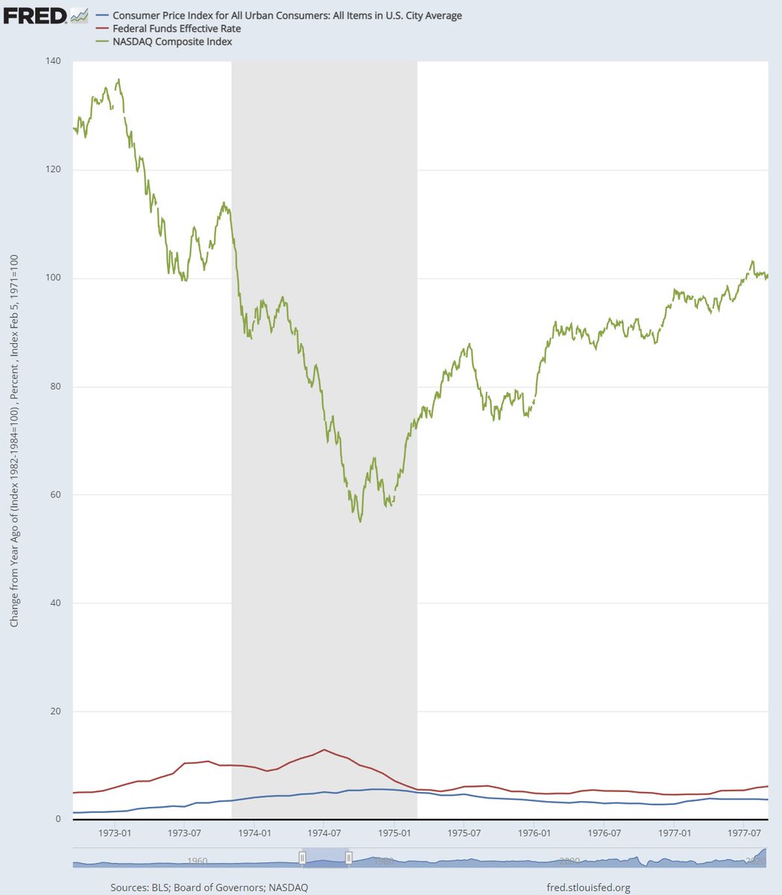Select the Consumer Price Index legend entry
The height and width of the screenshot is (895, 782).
pyautogui.click(x=287, y=16)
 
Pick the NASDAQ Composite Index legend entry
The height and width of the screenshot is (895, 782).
pyautogui.click(x=172, y=42)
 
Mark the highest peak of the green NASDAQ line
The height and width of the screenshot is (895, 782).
pyautogui.click(x=118, y=79)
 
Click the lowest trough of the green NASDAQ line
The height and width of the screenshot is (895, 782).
pyautogui.click(x=360, y=521)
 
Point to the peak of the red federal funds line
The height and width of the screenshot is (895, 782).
pyautogui.click(x=324, y=750)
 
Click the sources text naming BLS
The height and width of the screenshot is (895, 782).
pyautogui.click(x=209, y=888)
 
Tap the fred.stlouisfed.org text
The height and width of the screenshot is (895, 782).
pyautogui.click(x=589, y=888)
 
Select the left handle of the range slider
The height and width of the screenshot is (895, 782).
pyautogui.click(x=302, y=858)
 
